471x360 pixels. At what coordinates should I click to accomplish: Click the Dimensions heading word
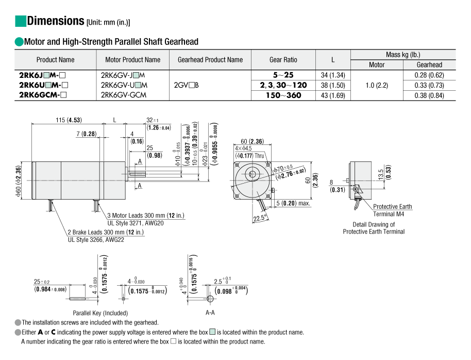[55, 21]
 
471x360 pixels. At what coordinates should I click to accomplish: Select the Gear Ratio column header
[283, 60]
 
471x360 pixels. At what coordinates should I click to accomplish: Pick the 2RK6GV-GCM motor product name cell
[124, 95]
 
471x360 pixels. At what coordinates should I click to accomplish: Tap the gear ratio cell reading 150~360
[283, 95]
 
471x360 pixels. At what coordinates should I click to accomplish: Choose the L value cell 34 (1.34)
[332, 75]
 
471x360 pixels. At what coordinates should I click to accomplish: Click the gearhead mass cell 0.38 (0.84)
[429, 95]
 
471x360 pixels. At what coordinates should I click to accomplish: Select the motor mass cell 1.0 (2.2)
[376, 85]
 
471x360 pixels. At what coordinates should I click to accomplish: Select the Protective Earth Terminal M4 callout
[392, 210]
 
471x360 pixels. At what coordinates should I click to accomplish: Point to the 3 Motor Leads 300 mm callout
[145, 215]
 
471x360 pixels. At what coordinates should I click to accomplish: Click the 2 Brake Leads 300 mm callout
[106, 232]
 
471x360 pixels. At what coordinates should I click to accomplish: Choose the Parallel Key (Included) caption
[100, 313]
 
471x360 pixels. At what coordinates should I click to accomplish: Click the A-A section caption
[210, 313]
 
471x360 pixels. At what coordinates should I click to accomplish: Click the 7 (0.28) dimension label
[86, 134]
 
